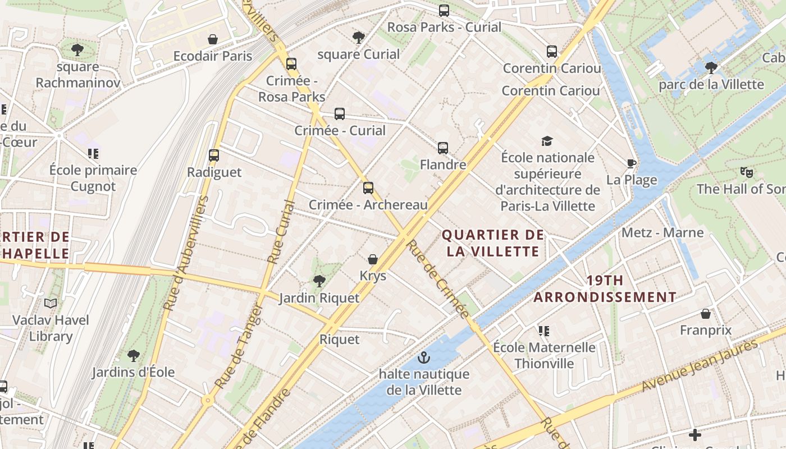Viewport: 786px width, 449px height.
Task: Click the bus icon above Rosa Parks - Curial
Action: pos(444,10)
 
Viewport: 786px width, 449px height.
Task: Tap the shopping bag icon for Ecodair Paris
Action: pos(213,39)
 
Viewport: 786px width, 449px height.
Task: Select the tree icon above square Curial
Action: pos(358,38)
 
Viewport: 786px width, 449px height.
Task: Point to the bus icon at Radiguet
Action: pos(214,155)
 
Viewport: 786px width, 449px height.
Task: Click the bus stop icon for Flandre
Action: pos(443,148)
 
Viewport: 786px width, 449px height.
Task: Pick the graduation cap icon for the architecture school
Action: pos(547,141)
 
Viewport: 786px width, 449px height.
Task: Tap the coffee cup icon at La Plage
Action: pos(632,163)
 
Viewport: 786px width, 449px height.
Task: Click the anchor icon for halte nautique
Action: pos(424,357)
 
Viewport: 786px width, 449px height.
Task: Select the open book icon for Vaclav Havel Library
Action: pos(51,304)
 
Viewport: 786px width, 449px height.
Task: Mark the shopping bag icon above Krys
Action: pos(372,259)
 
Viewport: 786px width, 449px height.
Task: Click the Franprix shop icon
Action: pos(706,313)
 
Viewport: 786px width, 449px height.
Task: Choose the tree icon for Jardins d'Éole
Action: pos(133,355)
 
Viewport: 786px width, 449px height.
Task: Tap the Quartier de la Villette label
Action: pos(493,243)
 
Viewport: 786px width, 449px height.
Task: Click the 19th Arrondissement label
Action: pos(605,288)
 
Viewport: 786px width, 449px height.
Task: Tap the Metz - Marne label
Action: pos(662,232)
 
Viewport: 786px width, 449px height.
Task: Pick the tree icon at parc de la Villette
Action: pos(711,68)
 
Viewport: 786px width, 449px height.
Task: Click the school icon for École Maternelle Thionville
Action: pos(543,331)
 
